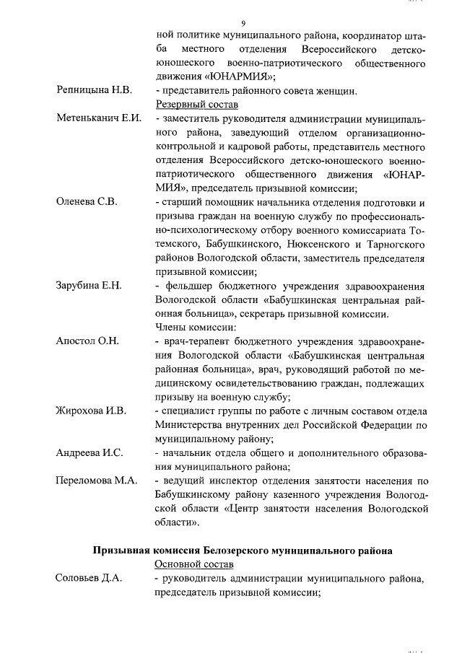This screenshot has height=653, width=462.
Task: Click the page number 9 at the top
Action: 243,22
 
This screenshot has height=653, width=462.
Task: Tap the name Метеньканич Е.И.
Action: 98,118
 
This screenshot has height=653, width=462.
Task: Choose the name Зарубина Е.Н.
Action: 89,286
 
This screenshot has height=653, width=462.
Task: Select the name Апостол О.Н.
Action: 87,341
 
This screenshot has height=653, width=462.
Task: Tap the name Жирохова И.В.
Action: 91,411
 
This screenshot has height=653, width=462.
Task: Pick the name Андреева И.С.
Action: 90,452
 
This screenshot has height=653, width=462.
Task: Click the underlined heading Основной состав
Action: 188,564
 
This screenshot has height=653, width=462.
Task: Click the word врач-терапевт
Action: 190,341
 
